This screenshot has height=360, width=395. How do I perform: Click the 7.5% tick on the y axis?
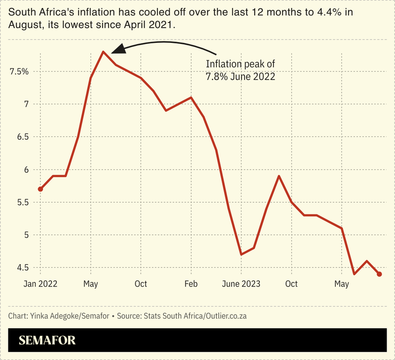19,72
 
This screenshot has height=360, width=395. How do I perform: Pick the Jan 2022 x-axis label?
40,284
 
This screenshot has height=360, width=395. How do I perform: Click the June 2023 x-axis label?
241,284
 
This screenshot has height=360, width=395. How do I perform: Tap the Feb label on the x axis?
191,284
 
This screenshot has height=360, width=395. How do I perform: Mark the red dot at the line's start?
40,189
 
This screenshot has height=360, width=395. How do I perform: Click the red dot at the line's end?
379,274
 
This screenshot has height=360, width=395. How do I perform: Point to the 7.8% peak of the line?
103,51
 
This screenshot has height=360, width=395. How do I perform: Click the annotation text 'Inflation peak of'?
240,64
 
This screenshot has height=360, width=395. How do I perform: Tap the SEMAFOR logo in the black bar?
47,340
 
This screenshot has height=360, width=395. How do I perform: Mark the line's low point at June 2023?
241,254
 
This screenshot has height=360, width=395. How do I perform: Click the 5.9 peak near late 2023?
279,176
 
